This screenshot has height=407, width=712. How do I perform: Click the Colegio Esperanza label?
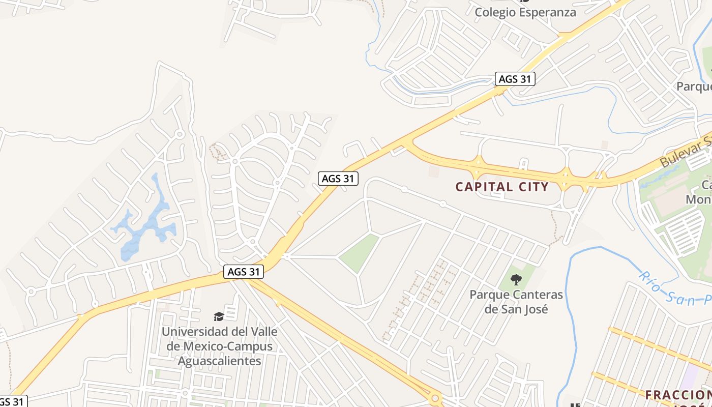pyautogui.click(x=525, y=12)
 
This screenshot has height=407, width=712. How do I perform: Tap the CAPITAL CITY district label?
pyautogui.click(x=502, y=187)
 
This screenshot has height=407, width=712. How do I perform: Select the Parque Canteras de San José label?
pyautogui.click(x=516, y=301)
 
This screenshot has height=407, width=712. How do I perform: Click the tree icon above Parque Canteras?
pyautogui.click(x=516, y=279)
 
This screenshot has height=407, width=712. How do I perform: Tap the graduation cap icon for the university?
pyautogui.click(x=219, y=317)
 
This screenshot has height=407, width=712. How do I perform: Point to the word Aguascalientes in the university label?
pyautogui.click(x=219, y=361)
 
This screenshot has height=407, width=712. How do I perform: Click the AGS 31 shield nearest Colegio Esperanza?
pyautogui.click(x=515, y=79)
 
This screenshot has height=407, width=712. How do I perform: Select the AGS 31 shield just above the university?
pyautogui.click(x=244, y=272)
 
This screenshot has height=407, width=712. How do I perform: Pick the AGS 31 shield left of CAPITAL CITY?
pyautogui.click(x=338, y=179)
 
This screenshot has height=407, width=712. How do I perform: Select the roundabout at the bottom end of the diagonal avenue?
pyautogui.click(x=435, y=397)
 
